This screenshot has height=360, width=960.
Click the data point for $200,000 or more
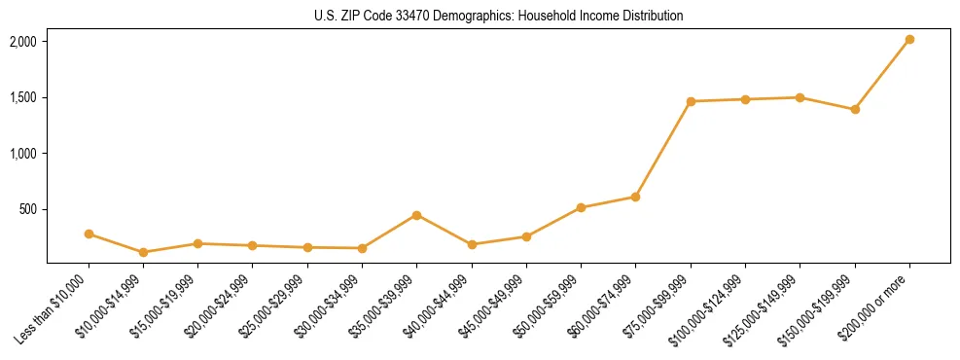coord(909,39)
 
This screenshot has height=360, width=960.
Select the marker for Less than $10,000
coord(89,234)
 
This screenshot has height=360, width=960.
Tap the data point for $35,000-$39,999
coord(416,215)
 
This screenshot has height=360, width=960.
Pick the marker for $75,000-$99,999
coord(691,101)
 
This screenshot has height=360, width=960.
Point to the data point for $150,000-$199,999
coord(855,109)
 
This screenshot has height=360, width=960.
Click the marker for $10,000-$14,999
coord(143,252)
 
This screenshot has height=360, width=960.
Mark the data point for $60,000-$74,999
coord(635,197)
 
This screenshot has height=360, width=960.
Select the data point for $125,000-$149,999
coord(800,97)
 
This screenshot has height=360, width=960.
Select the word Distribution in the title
coord(650,17)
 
